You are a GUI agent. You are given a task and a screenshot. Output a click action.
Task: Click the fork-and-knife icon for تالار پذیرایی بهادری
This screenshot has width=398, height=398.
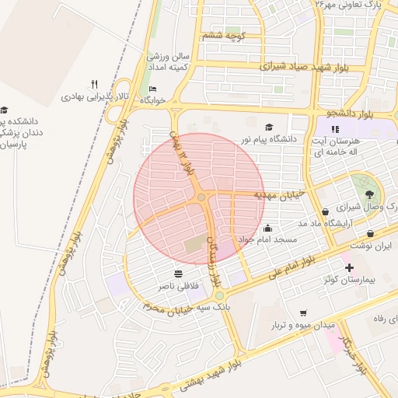(x=94, y=84)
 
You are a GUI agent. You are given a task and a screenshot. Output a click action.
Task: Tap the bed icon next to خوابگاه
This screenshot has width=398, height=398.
(x=152, y=89)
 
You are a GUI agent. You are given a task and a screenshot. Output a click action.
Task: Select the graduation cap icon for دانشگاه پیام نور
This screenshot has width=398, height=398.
(x=270, y=127)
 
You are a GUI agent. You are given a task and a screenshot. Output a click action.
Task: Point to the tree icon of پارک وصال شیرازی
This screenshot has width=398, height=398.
(x=368, y=194)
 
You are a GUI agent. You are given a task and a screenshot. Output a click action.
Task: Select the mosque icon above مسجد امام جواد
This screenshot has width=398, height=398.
(x=268, y=229)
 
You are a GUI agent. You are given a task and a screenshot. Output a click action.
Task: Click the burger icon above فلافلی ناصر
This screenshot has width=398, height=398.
(x=180, y=274)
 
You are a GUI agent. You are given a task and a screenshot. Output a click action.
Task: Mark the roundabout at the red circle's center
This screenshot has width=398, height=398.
(x=201, y=198)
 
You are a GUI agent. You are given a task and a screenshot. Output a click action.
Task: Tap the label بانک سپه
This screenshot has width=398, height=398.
(x=213, y=309)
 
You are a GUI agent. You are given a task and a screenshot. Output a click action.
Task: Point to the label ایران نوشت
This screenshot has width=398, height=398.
(x=371, y=246)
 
